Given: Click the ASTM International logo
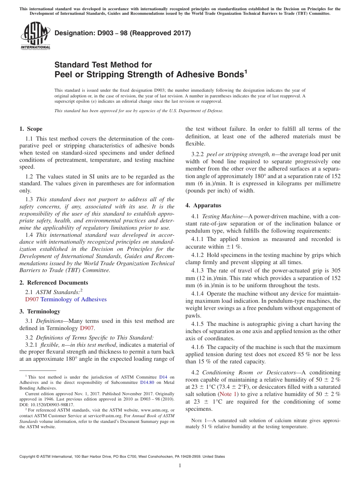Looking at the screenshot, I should pos(35,36).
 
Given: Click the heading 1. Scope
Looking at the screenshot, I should pos(31,129).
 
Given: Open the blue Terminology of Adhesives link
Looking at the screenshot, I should pos(74,299).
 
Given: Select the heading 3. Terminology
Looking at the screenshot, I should pos(40,311).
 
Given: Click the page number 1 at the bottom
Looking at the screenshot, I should pos(180,465).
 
